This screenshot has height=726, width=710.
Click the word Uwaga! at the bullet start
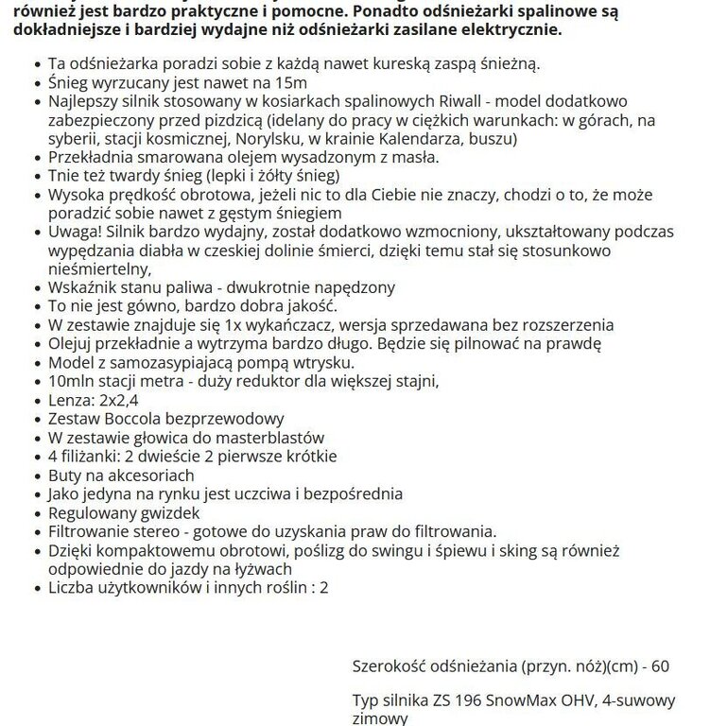point(75,230)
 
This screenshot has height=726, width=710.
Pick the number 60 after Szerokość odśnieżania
point(660,665)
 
